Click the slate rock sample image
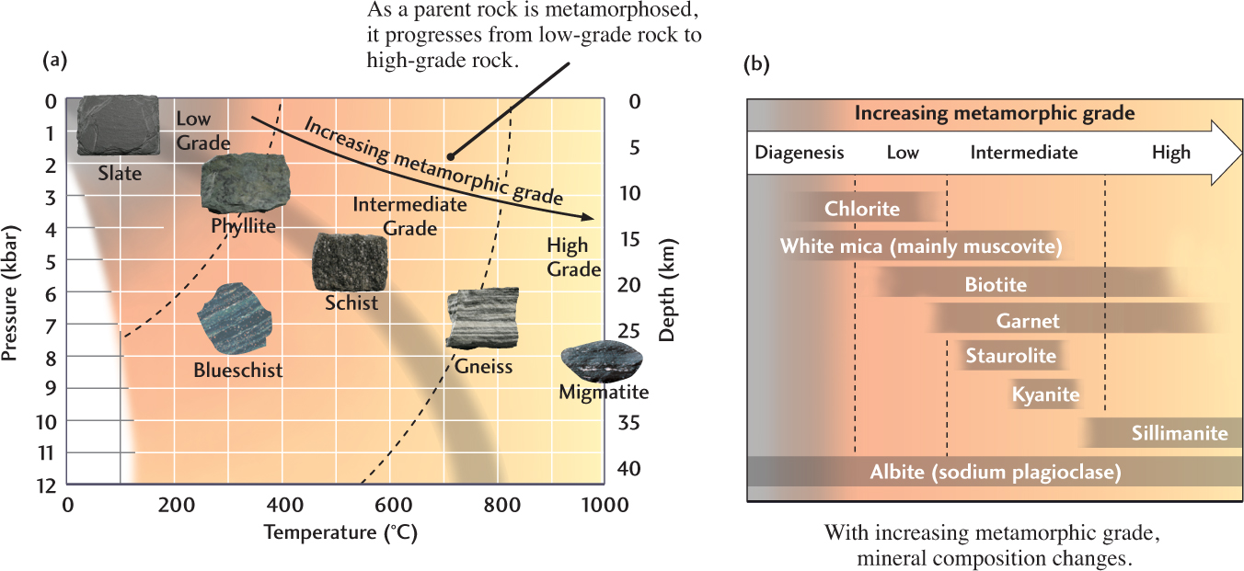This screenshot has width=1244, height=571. [118, 125]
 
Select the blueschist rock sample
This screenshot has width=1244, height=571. [235, 318]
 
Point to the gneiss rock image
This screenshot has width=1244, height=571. [482, 318]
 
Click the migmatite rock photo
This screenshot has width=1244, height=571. [603, 361]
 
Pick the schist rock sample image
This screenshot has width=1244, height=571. [350, 261]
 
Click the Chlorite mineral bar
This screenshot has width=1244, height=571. [862, 209]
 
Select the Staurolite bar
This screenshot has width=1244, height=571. [1010, 355]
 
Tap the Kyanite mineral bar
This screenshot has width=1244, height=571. [1045, 395]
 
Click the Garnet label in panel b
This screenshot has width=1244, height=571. [1028, 321]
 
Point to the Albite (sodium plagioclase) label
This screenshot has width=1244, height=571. [996, 473]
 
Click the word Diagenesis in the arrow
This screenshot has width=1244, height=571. [799, 153]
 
